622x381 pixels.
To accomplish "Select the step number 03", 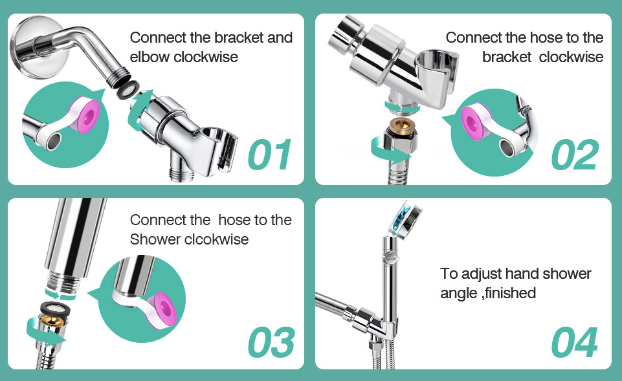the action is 271,342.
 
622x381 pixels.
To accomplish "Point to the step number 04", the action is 575,342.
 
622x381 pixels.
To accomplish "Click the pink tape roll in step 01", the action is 85,115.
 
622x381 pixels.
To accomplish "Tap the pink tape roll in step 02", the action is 476,120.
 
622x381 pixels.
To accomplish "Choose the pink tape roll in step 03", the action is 161,312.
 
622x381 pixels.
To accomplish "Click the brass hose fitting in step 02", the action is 402,127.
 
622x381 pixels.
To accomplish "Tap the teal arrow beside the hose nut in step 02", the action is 388,150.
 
